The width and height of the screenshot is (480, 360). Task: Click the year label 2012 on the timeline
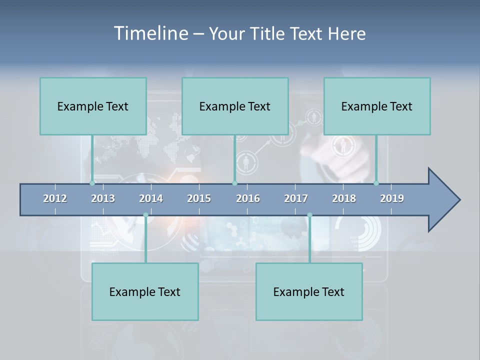(x=55, y=198)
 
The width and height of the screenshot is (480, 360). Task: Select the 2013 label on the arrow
(x=103, y=198)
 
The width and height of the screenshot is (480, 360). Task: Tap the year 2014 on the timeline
(x=151, y=198)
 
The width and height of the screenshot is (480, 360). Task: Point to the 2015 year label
(x=199, y=198)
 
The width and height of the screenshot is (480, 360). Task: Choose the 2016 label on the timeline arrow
(x=248, y=198)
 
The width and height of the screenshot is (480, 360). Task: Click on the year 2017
(x=296, y=198)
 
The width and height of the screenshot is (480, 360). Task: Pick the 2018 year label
(x=344, y=198)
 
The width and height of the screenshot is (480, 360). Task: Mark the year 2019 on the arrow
(x=392, y=198)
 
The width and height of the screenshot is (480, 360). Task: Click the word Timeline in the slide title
(x=150, y=33)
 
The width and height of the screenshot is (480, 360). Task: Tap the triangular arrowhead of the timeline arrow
(x=443, y=200)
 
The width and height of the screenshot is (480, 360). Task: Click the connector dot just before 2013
(x=92, y=183)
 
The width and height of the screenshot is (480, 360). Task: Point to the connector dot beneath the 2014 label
(x=145, y=215)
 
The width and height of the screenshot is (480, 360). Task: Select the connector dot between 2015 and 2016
(x=234, y=183)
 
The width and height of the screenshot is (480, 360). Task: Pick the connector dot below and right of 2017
(x=309, y=215)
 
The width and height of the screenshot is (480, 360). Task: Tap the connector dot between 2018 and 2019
(x=376, y=183)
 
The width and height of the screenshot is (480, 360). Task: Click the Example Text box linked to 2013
(x=93, y=106)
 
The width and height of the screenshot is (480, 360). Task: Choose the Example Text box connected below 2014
(x=145, y=291)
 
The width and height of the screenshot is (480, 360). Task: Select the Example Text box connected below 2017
(x=309, y=291)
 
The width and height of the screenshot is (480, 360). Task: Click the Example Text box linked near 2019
(x=377, y=106)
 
